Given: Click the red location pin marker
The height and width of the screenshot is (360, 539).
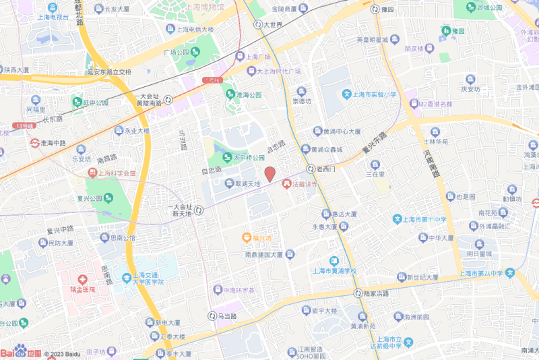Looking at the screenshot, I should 269,174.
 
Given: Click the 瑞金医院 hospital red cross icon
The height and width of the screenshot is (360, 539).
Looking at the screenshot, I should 82,279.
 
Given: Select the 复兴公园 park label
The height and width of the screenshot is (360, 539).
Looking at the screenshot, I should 89,199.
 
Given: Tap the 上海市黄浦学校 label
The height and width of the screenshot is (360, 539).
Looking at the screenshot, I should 334,272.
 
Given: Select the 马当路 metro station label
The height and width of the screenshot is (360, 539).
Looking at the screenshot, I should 222,316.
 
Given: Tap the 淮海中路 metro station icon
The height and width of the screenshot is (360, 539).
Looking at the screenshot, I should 35,143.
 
